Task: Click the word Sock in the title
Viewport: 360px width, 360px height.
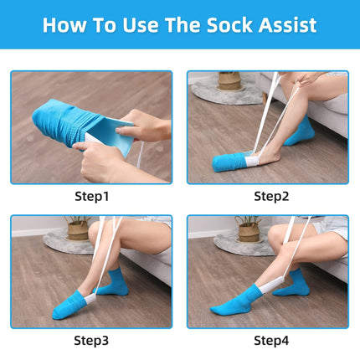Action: pos(229,25)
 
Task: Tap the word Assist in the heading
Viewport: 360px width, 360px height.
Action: pos(287,25)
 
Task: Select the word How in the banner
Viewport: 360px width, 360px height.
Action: pos(64,25)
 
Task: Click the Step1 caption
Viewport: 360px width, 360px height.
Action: pos(91,197)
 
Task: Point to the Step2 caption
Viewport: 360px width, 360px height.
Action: pos(271,197)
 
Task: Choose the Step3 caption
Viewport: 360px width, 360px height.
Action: pos(91,341)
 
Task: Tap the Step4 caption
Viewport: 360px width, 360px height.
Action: pos(271,341)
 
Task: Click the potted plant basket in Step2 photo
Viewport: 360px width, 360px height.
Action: pos(229,81)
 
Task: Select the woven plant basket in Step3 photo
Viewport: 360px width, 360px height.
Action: pos(78,229)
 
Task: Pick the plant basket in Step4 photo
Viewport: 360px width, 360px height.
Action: pos(249,232)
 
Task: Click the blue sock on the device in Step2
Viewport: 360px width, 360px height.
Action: pos(229,162)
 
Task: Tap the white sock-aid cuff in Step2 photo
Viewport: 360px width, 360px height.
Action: pos(253,161)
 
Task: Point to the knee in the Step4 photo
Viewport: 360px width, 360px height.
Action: pos(276,234)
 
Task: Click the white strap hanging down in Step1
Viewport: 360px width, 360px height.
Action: pos(140,154)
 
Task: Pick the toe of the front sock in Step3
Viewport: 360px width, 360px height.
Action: pos(58,314)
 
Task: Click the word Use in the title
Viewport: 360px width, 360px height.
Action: pos(141,25)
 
